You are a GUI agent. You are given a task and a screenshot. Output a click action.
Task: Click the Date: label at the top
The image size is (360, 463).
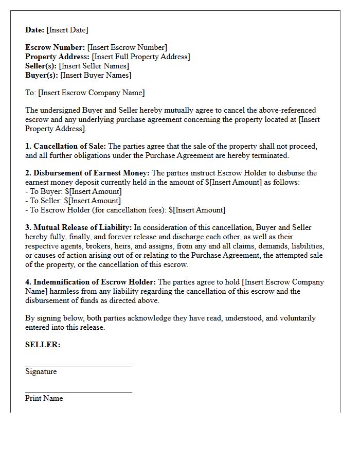point(34,30)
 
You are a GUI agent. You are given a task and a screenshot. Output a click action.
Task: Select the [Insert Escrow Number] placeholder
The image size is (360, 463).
point(127,47)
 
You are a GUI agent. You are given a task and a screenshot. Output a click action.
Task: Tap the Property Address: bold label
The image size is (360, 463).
point(58,57)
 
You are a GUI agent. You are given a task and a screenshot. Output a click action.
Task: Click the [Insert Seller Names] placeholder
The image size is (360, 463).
point(94,66)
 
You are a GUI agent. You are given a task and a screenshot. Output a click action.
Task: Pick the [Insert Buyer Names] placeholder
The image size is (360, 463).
point(96,75)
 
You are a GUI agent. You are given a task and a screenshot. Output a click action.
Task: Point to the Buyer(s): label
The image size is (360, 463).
point(42,75)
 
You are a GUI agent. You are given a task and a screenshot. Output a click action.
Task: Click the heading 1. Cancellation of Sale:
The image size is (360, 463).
point(66,146)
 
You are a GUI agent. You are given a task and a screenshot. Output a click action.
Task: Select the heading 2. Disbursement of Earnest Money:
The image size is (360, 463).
point(87,173)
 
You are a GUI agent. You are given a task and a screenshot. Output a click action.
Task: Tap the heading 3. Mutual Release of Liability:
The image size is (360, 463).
point(79,227)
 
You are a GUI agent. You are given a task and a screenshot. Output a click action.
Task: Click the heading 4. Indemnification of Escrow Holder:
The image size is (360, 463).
point(91,282)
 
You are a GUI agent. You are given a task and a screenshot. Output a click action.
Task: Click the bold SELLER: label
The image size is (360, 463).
point(43,345)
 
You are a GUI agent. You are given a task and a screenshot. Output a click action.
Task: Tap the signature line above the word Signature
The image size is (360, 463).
point(79,366)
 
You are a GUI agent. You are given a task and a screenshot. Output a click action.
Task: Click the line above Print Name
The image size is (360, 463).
point(79,393)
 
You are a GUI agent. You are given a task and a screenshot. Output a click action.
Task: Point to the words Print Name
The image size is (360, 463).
point(44,398)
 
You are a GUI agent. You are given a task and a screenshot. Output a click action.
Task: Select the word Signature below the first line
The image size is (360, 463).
point(41,371)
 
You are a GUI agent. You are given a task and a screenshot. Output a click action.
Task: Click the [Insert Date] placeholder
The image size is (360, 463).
point(67,30)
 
